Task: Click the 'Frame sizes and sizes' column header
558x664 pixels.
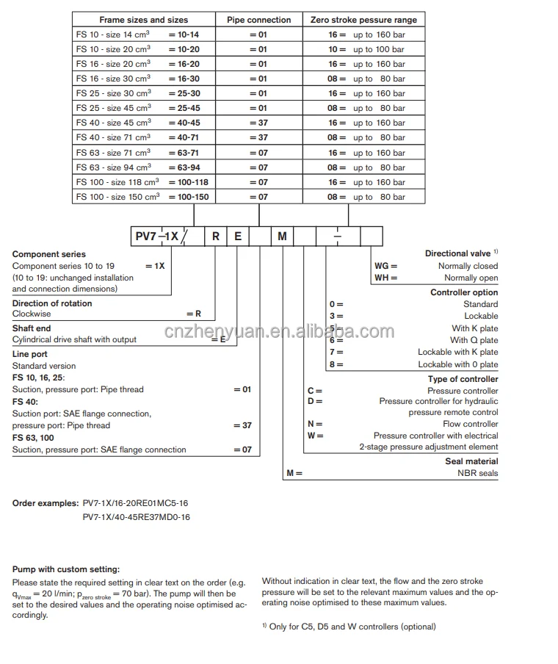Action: coord(143,20)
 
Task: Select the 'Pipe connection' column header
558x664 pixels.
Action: coord(258,20)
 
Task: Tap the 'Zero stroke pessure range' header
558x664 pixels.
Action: coord(363,20)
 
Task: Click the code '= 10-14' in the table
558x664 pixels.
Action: coord(184,35)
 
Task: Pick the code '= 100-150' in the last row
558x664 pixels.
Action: coord(189,197)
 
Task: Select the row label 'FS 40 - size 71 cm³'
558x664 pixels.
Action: coord(113,137)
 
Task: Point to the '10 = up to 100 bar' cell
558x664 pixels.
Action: coord(366,49)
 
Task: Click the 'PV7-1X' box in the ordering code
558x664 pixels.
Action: coord(156,237)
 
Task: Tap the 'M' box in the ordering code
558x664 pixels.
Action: coord(283,237)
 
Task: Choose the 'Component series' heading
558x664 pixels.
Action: coord(49,254)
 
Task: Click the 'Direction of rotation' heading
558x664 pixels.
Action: coord(52,303)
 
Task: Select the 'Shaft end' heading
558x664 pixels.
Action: coord(32,328)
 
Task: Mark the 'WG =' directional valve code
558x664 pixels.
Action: coord(386,266)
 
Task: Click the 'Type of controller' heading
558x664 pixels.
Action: coord(463,379)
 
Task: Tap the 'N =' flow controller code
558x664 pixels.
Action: coord(315,424)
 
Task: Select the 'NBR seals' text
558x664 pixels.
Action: coord(477,473)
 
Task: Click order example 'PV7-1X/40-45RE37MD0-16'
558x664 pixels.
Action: coord(136,517)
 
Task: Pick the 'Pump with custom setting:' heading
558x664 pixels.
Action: coord(65,569)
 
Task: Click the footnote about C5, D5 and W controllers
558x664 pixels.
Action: coord(349,627)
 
